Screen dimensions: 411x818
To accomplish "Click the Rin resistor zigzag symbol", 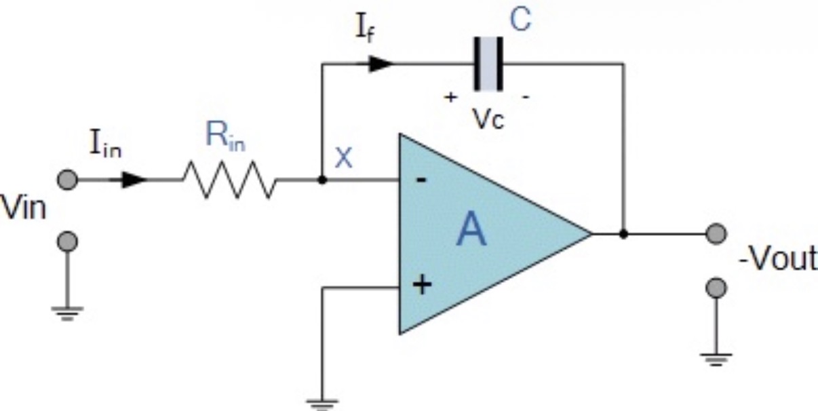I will pos(229,180).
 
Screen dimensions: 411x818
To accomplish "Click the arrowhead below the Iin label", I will pos(136,180).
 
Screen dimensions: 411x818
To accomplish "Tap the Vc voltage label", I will pos(488,119).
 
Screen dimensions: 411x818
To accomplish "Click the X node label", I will pos(345,159).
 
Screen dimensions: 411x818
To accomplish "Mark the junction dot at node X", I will pos(323,180).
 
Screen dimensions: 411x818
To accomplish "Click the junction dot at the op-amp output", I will pos(623,234).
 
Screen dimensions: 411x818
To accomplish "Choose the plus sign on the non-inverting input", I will pos(421,286).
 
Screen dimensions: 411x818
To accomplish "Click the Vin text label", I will pos(24,208).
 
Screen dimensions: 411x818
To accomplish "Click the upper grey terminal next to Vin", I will pos(66,180).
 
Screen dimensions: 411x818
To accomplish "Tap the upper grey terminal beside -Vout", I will pos(715,234).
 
